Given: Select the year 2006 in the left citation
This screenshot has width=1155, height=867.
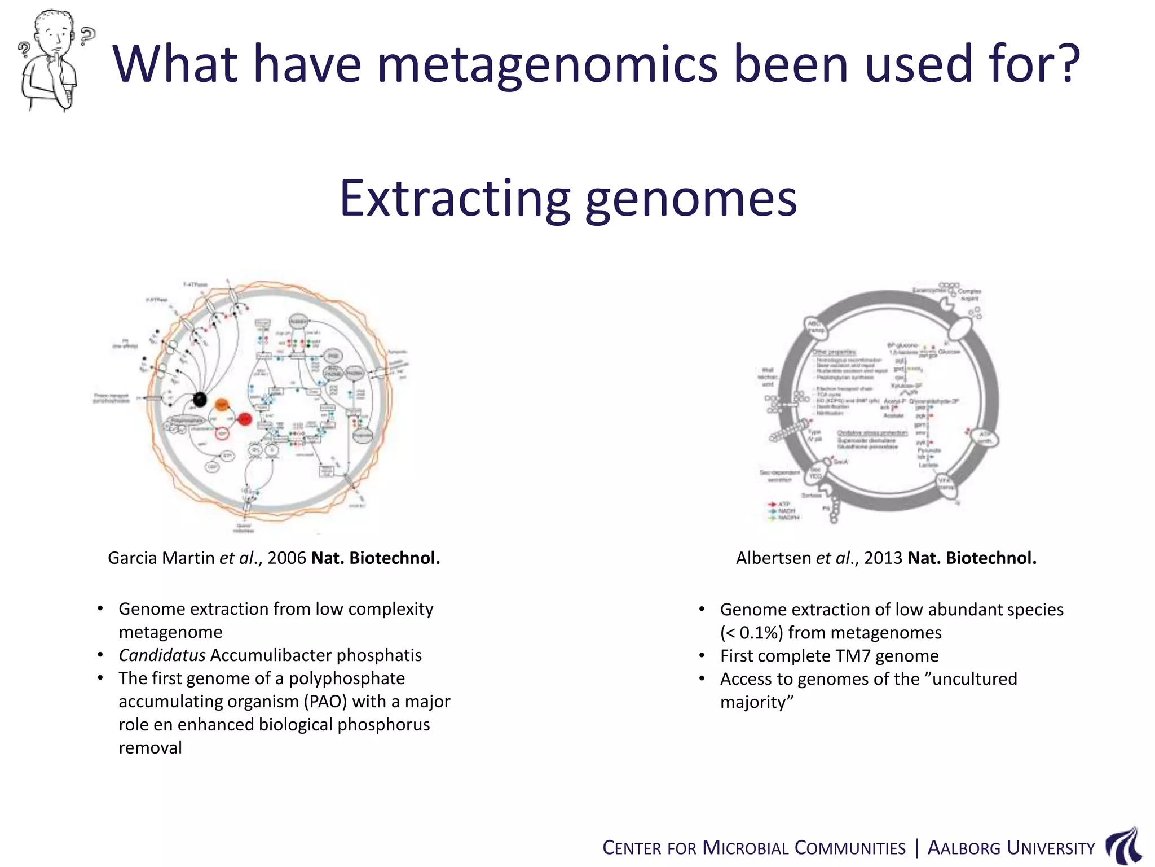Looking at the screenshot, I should [x=286, y=558].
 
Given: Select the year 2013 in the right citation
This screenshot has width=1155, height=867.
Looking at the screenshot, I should [x=883, y=558].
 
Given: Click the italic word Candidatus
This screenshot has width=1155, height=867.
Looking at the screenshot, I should [x=162, y=655].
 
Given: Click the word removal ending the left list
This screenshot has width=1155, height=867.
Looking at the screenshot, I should [x=150, y=747].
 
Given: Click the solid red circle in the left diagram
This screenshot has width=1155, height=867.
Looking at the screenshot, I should [x=245, y=419].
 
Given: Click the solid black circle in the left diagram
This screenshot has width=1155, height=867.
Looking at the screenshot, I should [x=199, y=399].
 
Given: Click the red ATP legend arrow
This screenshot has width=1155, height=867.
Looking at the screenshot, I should [x=773, y=503].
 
